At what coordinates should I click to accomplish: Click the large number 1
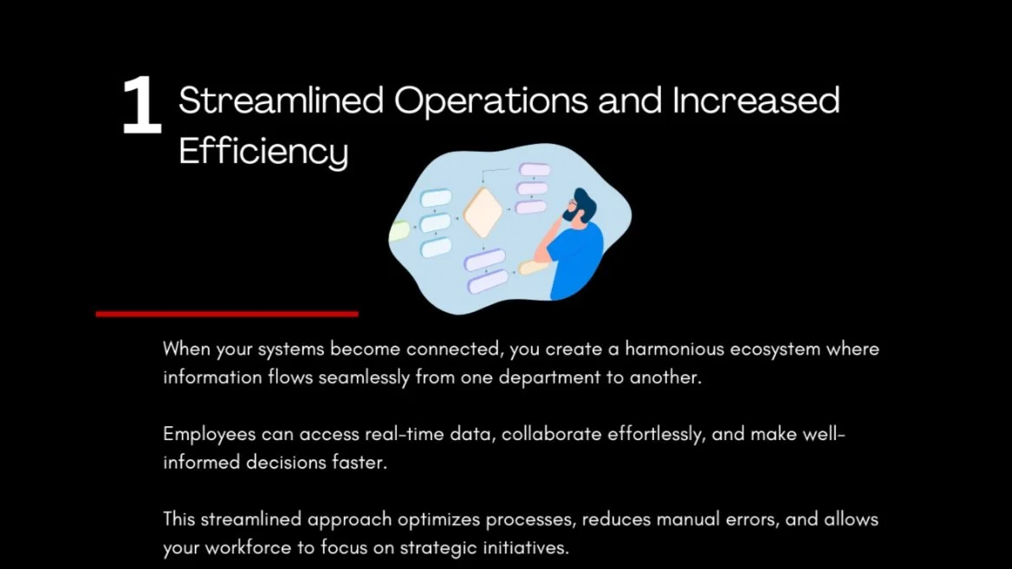point(141,107)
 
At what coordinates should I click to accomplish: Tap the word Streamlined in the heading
point(281,101)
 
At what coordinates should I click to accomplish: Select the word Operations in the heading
point(491,101)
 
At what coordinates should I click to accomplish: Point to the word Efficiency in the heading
point(263,152)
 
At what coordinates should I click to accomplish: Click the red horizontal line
point(227,314)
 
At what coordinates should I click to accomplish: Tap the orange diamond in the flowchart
point(483,213)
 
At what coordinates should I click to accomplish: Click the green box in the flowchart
point(399,231)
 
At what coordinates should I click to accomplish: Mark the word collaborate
point(555,434)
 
